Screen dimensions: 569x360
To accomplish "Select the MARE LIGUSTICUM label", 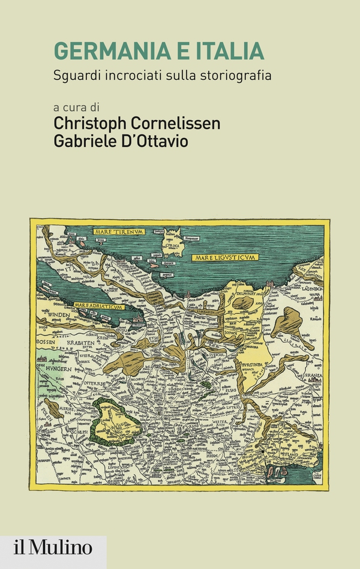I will [225, 257].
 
